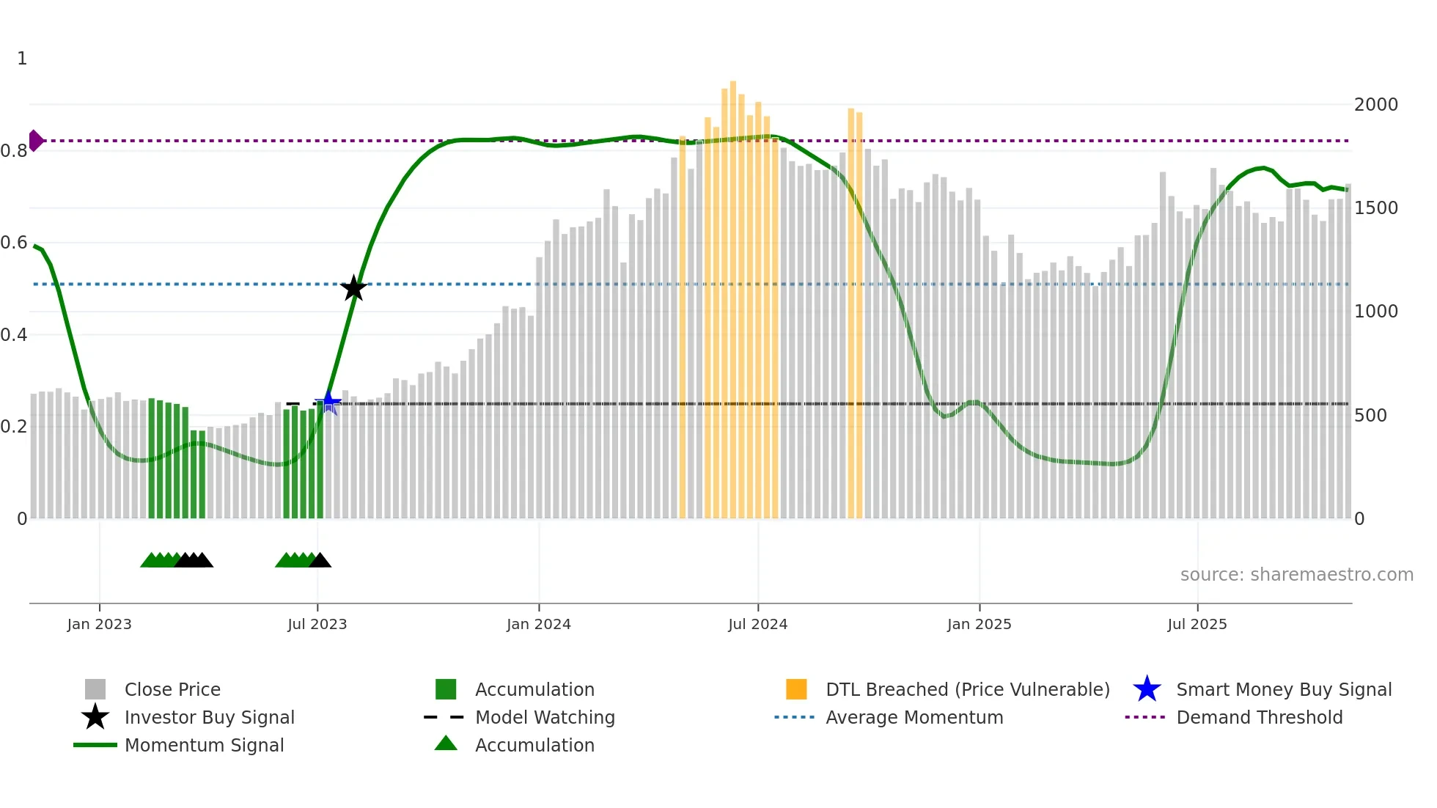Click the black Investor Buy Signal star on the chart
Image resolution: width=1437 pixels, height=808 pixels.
[x=353, y=288]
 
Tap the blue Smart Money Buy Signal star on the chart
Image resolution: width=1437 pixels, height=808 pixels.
[x=328, y=402]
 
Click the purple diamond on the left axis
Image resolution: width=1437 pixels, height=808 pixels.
[x=35, y=140]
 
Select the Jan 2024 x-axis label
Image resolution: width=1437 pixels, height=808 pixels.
[x=538, y=624]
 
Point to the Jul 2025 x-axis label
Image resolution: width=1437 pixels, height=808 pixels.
[x=1197, y=624]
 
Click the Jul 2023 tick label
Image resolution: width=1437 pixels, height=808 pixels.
[x=317, y=624]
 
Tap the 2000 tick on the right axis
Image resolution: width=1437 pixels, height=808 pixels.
[x=1375, y=105]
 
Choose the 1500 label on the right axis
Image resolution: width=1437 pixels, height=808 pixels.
[x=1375, y=208]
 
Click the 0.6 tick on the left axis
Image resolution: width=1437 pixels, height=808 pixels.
[x=14, y=243]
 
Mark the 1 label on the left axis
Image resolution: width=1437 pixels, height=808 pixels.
[x=22, y=59]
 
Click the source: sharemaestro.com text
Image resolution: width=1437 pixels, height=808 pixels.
[x=1296, y=575]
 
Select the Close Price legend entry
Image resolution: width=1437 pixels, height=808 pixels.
[x=172, y=689]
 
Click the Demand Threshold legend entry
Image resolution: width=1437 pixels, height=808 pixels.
[x=1259, y=717]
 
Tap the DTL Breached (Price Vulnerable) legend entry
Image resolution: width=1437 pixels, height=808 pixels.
[x=967, y=689]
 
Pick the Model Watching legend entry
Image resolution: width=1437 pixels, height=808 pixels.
[x=545, y=717]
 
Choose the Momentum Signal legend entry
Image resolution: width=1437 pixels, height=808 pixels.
[x=204, y=745]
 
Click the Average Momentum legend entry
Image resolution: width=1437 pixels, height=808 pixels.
[x=914, y=717]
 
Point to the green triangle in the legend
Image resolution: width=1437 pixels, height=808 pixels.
[x=446, y=744]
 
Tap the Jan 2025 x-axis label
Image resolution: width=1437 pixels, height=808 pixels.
[x=979, y=624]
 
